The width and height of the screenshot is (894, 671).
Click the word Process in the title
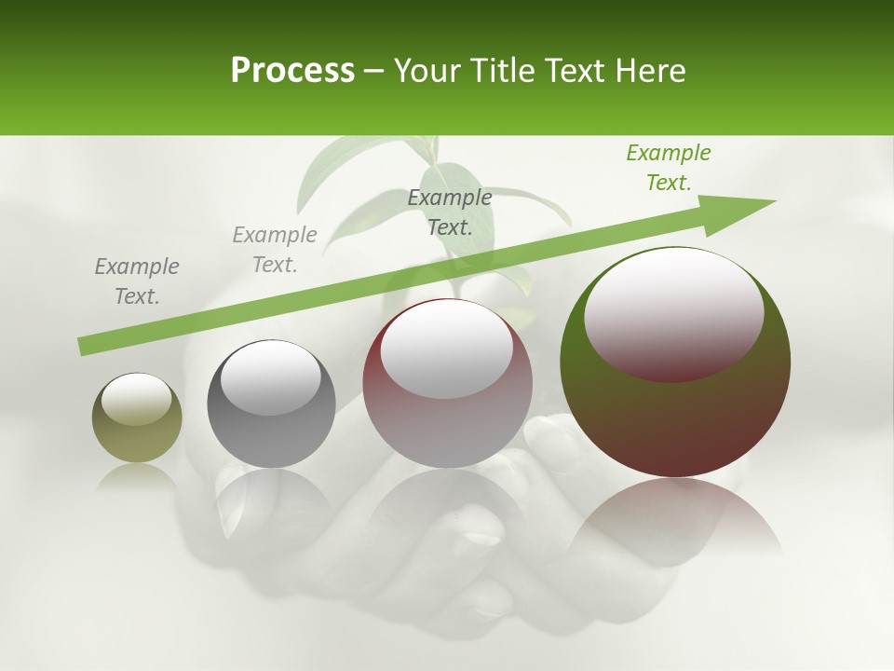point(292,71)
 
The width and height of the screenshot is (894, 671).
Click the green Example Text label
point(668,168)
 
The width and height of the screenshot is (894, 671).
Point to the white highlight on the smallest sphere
point(136,399)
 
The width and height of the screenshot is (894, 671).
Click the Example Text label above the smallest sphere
point(137,281)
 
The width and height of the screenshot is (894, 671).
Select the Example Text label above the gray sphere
point(274,250)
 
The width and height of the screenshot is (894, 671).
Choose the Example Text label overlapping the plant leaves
point(449,212)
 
